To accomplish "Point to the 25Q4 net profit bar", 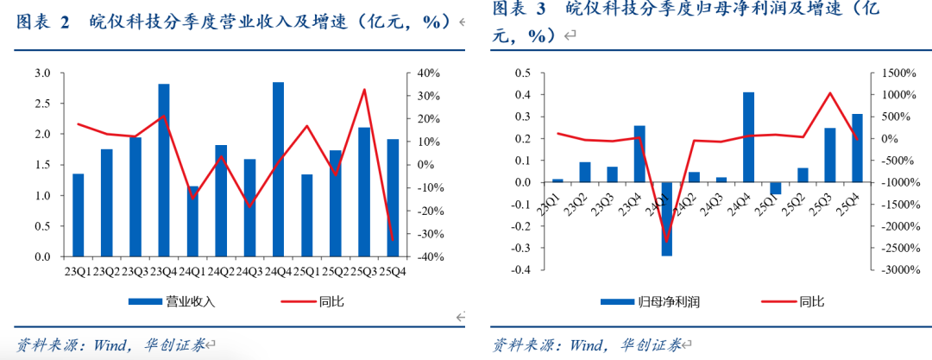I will (857, 148).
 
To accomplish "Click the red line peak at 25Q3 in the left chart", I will (364, 90).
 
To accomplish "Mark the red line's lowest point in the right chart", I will (666, 241).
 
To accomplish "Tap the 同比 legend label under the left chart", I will (331, 301).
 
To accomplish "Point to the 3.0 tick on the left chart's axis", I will (42, 73).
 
